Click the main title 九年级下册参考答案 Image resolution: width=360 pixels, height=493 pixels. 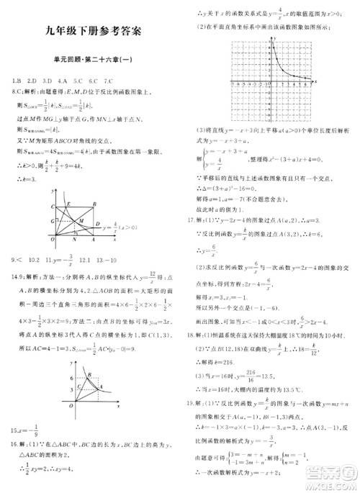[92, 30]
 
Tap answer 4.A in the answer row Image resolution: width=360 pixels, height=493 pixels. [63, 80]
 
